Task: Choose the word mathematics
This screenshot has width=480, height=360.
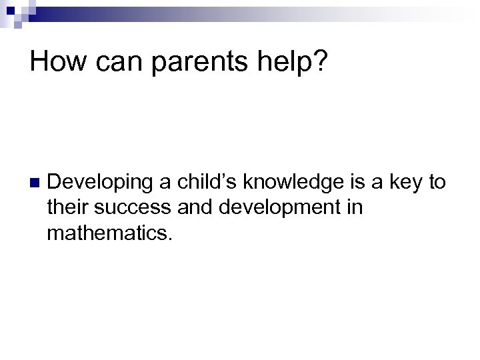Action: (x=109, y=235)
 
